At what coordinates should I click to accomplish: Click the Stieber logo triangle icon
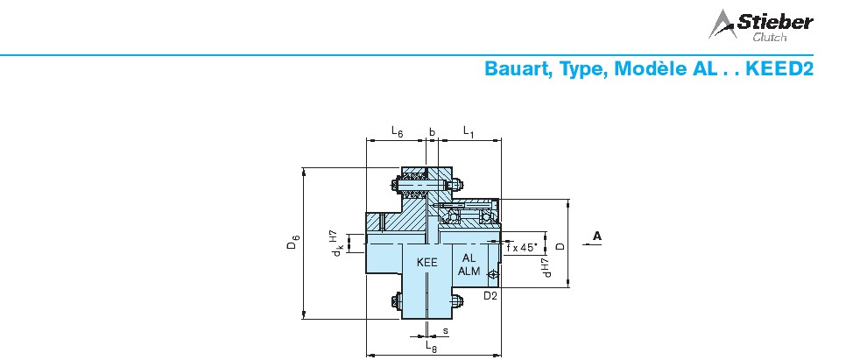click(722, 24)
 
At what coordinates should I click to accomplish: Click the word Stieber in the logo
click(775, 22)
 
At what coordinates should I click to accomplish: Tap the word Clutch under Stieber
click(769, 38)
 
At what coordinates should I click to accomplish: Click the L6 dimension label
click(397, 131)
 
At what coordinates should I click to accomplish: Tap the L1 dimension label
click(469, 131)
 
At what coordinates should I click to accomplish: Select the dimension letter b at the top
click(432, 131)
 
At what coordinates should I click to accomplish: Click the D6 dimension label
click(293, 242)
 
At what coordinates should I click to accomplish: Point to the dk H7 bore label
click(335, 244)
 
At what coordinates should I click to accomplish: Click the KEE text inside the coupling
click(427, 262)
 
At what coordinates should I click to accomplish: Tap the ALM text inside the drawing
click(469, 271)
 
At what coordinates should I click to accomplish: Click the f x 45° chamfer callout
click(522, 247)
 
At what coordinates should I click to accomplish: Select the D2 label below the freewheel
click(490, 296)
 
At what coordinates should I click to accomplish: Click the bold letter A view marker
click(597, 236)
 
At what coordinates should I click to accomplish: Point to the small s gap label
click(445, 330)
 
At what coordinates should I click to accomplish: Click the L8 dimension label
click(431, 345)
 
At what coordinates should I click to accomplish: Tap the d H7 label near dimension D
click(546, 267)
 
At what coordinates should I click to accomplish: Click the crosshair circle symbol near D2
click(493, 275)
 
